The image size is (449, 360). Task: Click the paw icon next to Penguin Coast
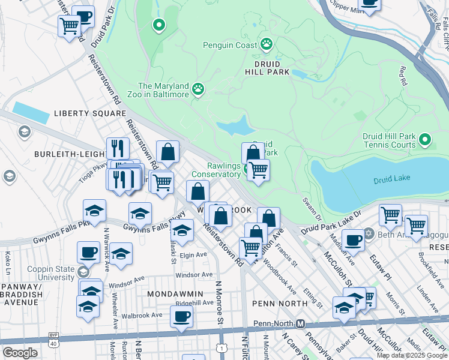[266, 44]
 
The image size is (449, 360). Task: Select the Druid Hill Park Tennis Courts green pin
[425, 140]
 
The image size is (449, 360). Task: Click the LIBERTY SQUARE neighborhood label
[90, 113]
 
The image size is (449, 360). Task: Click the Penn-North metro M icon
[301, 324]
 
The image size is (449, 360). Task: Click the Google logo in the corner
[20, 352]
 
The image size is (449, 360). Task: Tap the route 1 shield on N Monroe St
[223, 348]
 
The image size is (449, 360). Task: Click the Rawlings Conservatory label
[215, 170]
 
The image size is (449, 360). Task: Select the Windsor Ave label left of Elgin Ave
[127, 280]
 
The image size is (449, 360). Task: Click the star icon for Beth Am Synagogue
[369, 233]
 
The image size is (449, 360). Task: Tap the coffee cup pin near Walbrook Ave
[181, 317]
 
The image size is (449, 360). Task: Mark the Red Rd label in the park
[403, 76]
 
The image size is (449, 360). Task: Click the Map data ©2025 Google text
[412, 355]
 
